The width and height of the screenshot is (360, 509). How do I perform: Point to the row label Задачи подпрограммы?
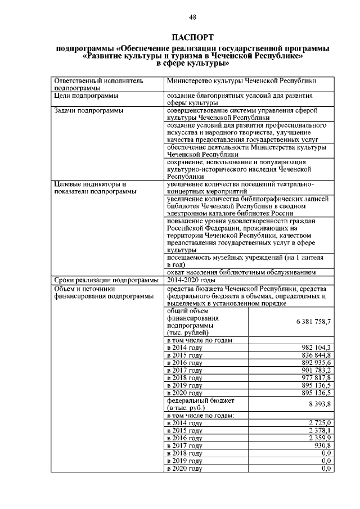coord(88,111)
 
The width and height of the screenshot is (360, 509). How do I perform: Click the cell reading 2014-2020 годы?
coord(191,280)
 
